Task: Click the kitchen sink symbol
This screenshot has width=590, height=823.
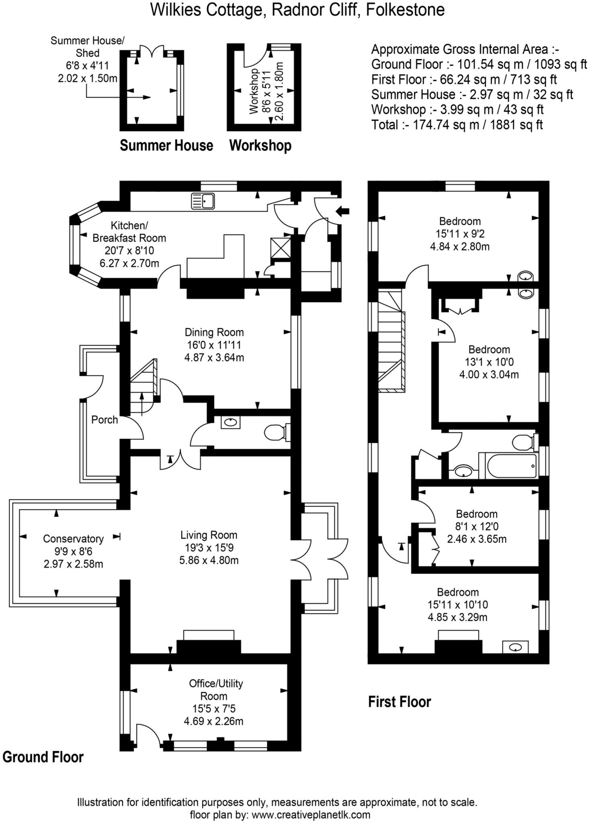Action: click(203, 201)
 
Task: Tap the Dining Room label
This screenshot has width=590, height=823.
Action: click(214, 332)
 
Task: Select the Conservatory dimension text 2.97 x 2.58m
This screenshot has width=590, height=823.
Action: click(74, 564)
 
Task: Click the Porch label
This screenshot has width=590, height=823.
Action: click(104, 420)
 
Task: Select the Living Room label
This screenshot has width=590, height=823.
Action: click(209, 535)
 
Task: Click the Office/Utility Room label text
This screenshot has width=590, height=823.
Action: click(216, 690)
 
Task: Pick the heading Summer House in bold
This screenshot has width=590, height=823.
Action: click(166, 145)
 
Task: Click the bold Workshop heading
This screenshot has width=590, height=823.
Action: click(260, 145)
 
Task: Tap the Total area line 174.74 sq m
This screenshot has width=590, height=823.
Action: click(457, 125)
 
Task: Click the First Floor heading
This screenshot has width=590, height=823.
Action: click(399, 702)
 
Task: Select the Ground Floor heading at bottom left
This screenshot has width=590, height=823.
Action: click(43, 757)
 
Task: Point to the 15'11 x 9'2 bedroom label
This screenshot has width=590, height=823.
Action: click(460, 233)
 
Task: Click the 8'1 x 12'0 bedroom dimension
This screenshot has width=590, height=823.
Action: click(477, 526)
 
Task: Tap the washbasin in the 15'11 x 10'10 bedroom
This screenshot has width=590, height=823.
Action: click(515, 647)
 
